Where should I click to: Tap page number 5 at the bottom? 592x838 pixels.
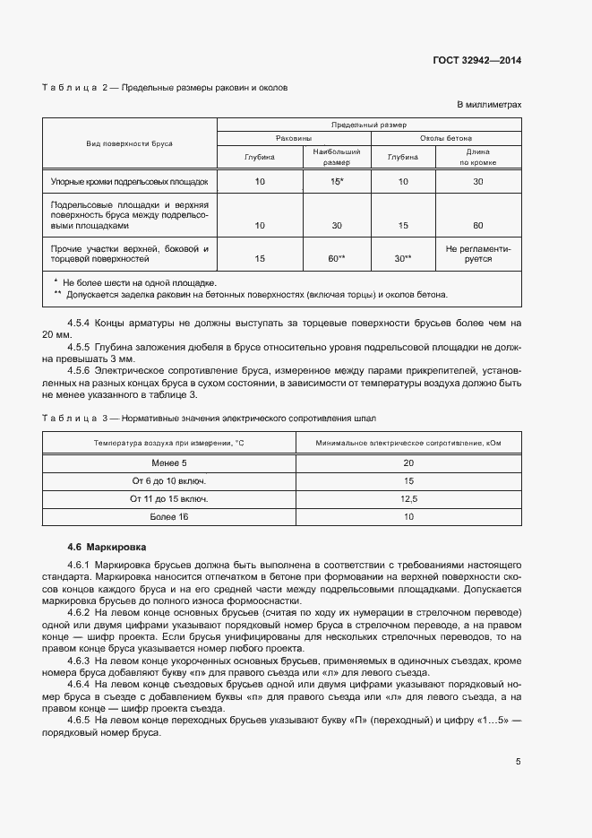(x=518, y=762)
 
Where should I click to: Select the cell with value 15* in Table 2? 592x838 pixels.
(x=337, y=181)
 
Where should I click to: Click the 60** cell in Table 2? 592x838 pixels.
(x=337, y=258)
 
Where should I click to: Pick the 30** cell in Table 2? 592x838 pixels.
(x=402, y=258)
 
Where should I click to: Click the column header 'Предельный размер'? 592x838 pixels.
(x=368, y=125)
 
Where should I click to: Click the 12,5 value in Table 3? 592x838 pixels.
(x=409, y=498)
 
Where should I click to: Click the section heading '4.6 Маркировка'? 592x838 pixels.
(x=107, y=546)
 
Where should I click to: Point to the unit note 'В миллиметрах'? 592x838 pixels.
(x=489, y=105)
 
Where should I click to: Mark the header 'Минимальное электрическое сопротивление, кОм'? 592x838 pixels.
(x=409, y=443)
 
